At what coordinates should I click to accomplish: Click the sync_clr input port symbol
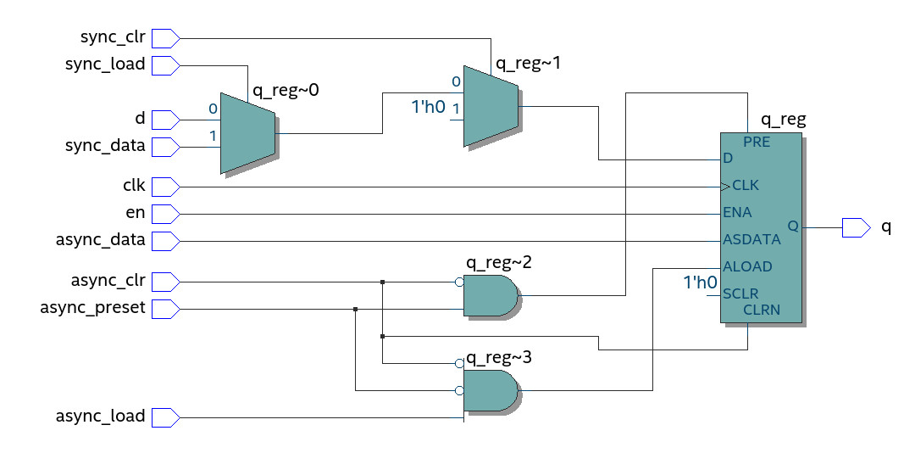click(165, 37)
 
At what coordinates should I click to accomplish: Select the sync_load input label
click(105, 64)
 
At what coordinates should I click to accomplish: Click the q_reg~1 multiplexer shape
click(491, 106)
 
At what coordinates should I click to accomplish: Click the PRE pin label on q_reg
click(757, 143)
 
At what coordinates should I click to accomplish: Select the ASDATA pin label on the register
click(751, 240)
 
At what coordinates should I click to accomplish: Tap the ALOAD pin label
click(747, 266)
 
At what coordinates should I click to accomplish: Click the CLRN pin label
click(761, 310)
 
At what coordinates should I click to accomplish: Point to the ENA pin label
click(737, 212)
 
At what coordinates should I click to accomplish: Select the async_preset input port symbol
click(165, 309)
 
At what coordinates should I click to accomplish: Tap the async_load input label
click(100, 417)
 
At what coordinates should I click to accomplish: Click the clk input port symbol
click(165, 187)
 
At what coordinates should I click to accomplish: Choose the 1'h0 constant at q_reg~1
click(429, 108)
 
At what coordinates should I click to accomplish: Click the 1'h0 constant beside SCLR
click(701, 282)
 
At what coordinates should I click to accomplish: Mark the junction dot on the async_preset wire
click(355, 309)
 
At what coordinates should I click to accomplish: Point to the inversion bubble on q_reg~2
click(459, 282)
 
